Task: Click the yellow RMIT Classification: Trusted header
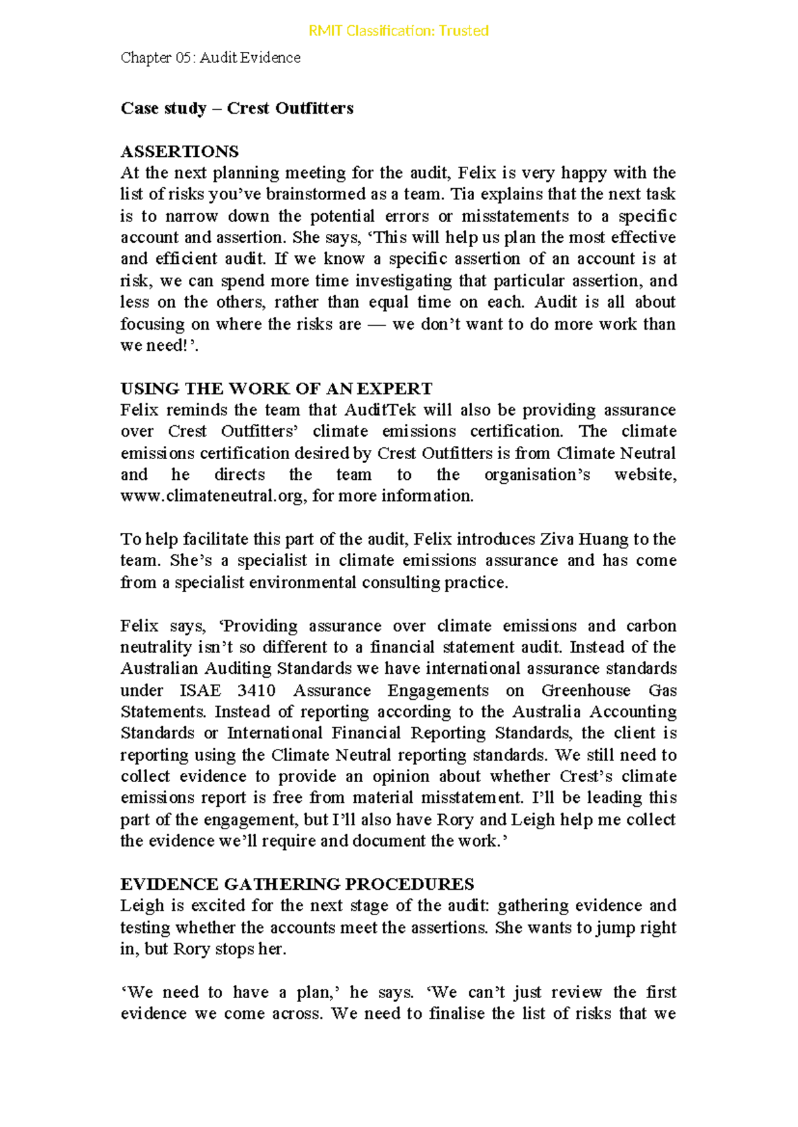point(398,31)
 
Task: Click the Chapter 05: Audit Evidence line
point(210,58)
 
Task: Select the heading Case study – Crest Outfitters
point(237,108)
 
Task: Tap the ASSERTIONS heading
point(180,151)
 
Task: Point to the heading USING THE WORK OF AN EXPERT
point(276,388)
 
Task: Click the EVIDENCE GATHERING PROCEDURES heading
point(297,884)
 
